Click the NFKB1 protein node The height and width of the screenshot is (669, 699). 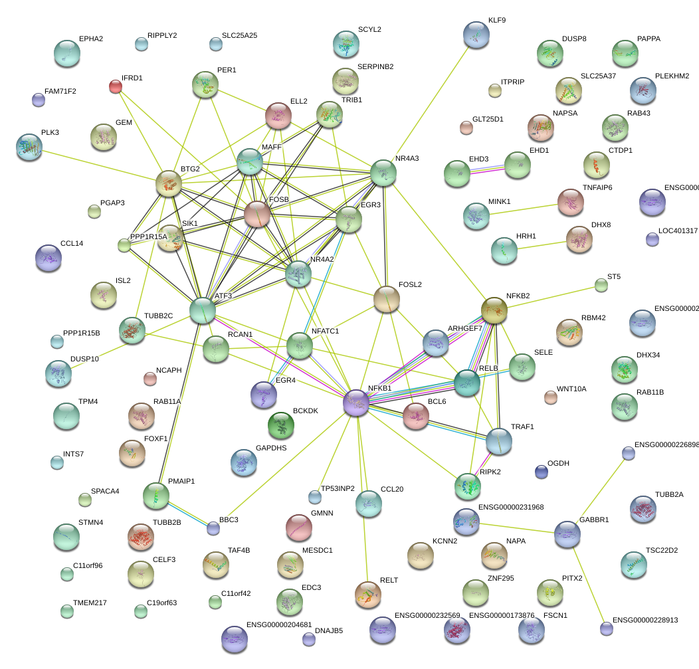click(356, 403)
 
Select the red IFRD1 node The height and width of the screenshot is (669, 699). click(116, 86)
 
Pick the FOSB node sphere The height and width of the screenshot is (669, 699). click(257, 214)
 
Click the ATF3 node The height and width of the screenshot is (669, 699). click(203, 310)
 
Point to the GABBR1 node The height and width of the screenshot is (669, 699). click(567, 533)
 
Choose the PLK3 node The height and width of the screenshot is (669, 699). click(29, 146)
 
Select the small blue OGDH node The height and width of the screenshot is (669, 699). click(542, 472)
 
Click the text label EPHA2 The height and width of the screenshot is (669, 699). click(90, 39)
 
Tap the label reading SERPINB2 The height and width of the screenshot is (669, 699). click(375, 66)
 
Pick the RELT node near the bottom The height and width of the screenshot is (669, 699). click(368, 594)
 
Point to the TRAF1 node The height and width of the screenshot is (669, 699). click(498, 441)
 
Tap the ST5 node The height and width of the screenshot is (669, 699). click(601, 286)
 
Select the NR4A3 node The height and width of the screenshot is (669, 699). click(383, 173)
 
